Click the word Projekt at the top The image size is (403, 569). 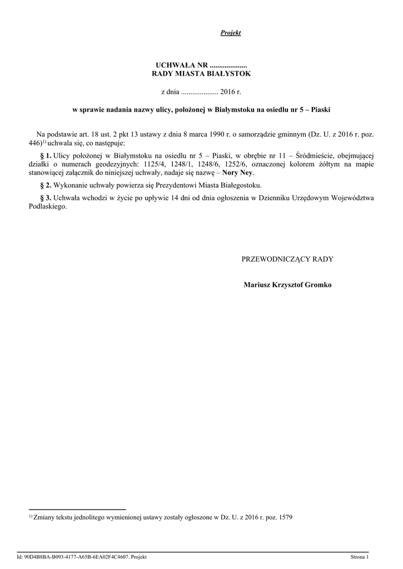pyautogui.click(x=230, y=33)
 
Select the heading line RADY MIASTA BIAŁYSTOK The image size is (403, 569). pyautogui.click(x=201, y=73)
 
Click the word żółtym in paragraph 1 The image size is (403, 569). pyautogui.click(x=321, y=164)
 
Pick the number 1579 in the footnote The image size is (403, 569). pyautogui.click(x=285, y=517)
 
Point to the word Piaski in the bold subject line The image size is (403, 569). pyautogui.click(x=321, y=109)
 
